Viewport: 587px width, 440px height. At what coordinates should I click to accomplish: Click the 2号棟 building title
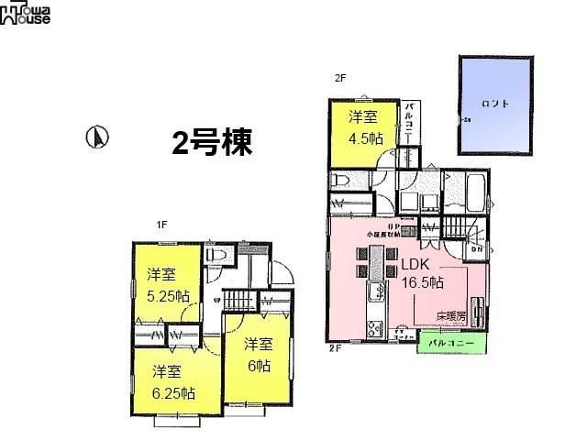(211, 141)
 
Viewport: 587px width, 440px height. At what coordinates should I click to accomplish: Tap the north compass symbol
(96, 137)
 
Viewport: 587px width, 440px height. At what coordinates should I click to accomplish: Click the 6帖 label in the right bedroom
(259, 365)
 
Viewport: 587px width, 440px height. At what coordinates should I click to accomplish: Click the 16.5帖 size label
(422, 281)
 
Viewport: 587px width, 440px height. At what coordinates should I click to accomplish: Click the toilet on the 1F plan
(217, 255)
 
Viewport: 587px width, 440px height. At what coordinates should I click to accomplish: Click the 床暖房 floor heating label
(451, 316)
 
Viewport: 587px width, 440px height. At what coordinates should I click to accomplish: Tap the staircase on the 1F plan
(241, 300)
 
